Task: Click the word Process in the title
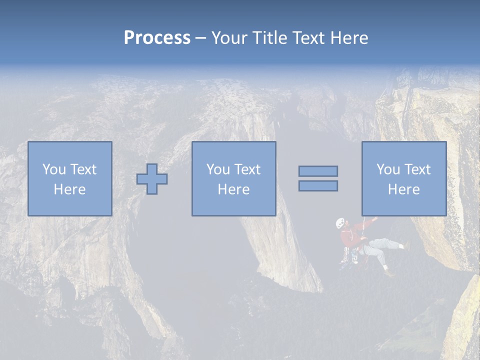pos(157,38)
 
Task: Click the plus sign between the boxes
pos(152,179)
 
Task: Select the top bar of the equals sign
pos(318,171)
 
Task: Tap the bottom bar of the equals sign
pos(318,186)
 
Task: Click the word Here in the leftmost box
pos(69,189)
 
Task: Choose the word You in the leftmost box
pos(54,169)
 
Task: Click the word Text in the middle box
pos(247,169)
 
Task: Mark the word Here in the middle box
pos(233,189)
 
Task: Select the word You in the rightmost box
pos(388,169)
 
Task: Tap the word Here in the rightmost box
pos(403,189)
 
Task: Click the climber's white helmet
pos(340,222)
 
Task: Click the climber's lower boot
pos(388,272)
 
